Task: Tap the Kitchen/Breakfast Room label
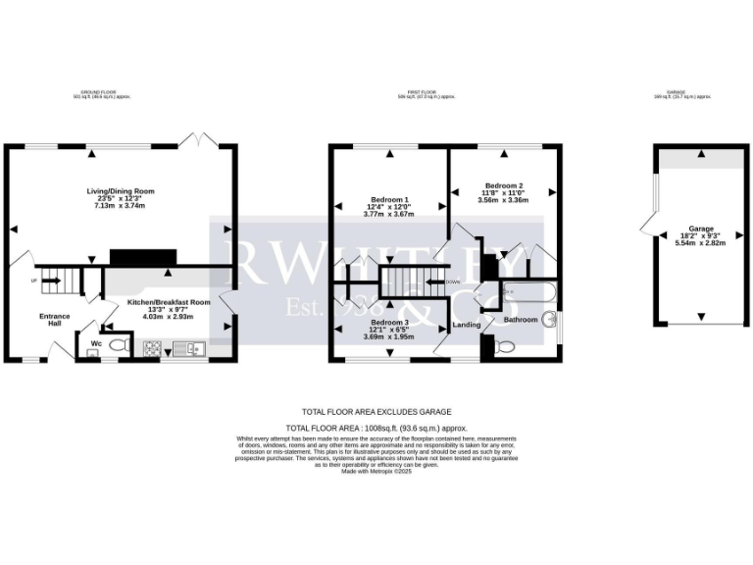click(170, 303)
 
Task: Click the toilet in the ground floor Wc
click(119, 346)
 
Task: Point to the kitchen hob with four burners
click(154, 348)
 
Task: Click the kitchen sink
click(187, 348)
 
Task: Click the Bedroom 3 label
click(390, 322)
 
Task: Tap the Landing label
click(467, 325)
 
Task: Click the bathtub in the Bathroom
click(529, 293)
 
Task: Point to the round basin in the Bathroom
click(552, 319)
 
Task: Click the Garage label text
click(700, 228)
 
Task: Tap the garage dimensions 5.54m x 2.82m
click(700, 242)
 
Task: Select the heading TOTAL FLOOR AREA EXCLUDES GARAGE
click(376, 412)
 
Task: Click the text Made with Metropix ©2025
click(376, 471)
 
